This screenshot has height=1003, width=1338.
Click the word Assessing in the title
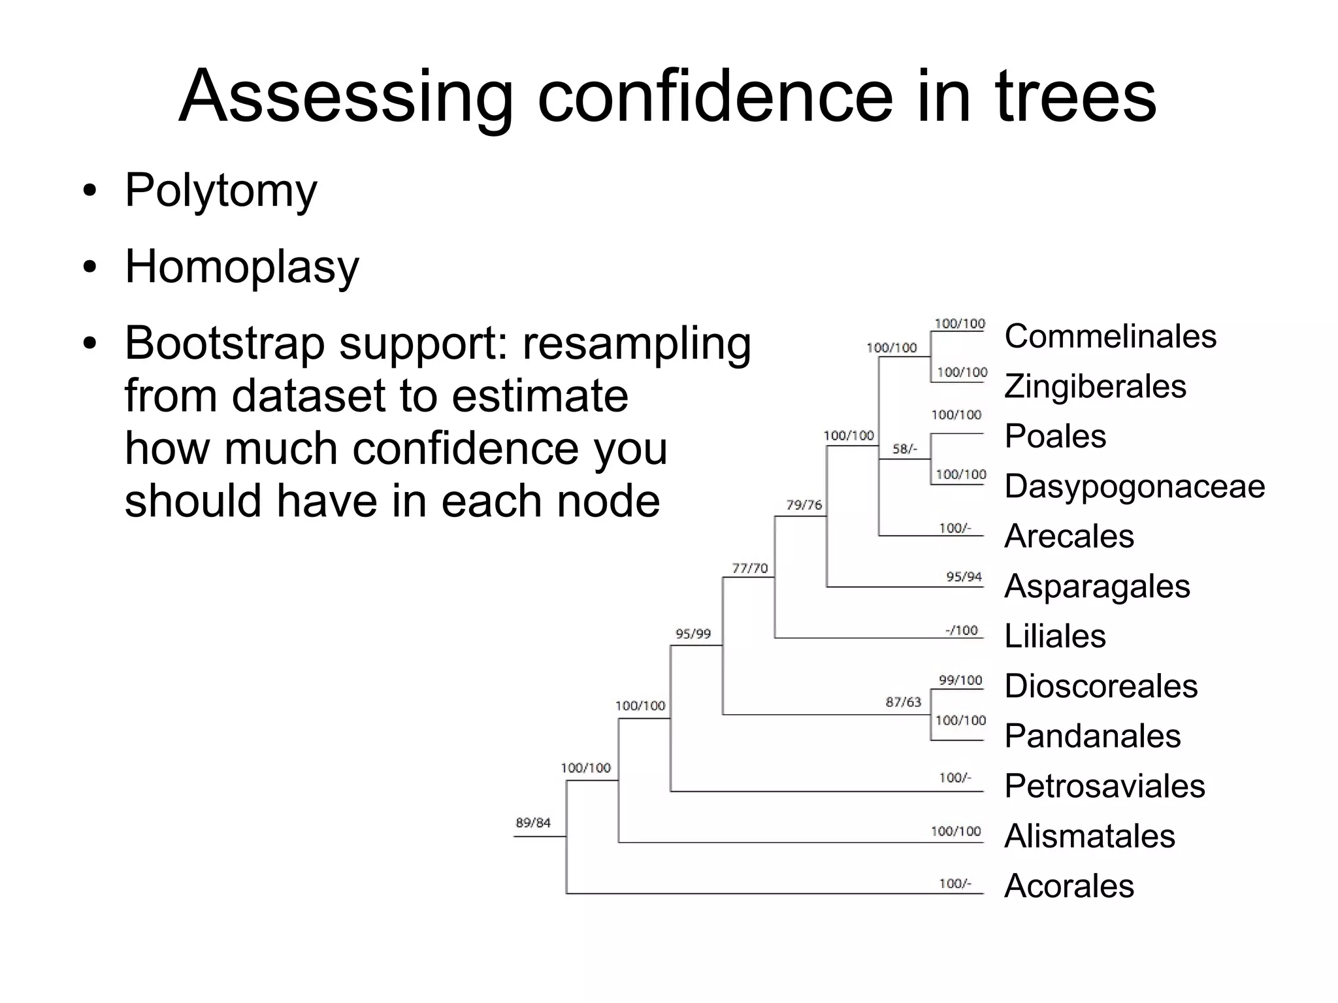pos(346,97)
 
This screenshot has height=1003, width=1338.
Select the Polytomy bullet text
pos(221,191)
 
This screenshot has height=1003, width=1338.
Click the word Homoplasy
pos(242,267)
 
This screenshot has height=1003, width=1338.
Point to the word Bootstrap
pos(225,344)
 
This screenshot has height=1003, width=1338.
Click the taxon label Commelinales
pos(1110,337)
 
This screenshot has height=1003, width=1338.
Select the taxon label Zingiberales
pos(1095,386)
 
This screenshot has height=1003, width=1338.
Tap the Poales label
pos(1055,436)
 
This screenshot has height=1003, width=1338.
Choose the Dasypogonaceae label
pos(1135,487)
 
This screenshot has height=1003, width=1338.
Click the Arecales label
pos(1069,536)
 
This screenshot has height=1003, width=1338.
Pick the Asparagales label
pos(1097,586)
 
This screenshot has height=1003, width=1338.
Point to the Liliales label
pos(1055,636)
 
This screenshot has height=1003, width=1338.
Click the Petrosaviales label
pos(1105,786)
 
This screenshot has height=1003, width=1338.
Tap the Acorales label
pos(1069,886)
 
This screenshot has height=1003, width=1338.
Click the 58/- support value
pos(905,450)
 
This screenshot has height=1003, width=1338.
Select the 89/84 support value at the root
pos(533,823)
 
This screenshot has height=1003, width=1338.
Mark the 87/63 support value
pos(903,702)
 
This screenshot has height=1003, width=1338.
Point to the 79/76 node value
pos(804,505)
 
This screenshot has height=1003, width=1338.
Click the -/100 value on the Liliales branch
pos(962,631)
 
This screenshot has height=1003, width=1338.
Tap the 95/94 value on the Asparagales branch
pos(964,577)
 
